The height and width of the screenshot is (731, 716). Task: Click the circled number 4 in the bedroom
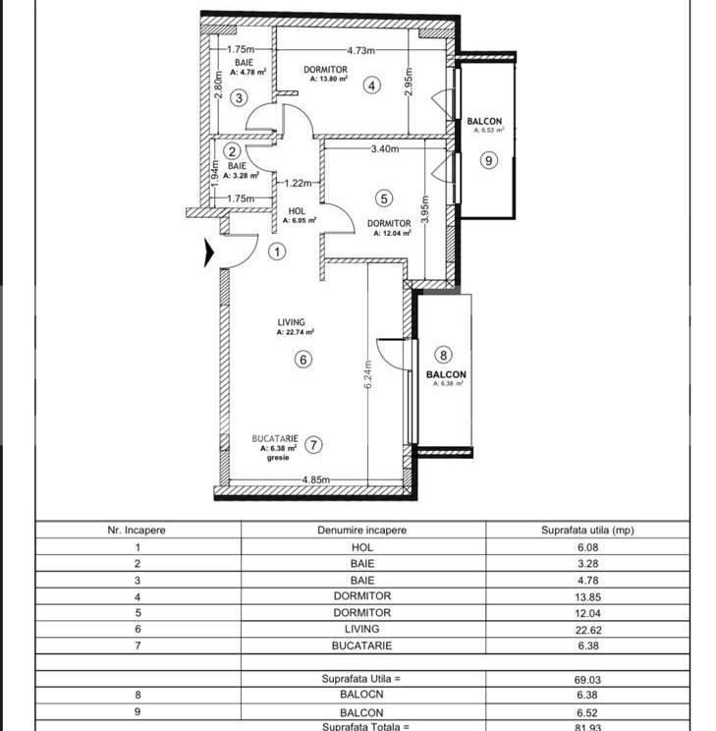(370, 85)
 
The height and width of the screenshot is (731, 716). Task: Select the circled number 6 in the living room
(303, 360)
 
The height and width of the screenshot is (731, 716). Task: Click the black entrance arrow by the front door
(208, 253)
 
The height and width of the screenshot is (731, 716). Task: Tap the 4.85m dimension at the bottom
(315, 479)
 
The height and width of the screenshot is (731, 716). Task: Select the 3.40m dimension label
(385, 149)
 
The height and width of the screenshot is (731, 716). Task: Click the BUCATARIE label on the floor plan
(268, 438)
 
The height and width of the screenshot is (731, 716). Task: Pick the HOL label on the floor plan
(298, 211)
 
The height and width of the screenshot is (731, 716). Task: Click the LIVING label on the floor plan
(291, 322)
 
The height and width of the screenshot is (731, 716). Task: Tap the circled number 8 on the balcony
(444, 356)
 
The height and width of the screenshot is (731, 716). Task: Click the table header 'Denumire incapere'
(362, 530)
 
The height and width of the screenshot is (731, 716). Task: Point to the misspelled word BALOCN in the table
(362, 695)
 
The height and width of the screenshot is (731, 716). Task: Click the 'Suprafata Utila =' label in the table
(362, 678)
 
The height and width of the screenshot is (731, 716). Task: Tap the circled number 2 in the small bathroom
(232, 151)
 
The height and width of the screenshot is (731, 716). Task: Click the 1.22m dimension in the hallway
(298, 183)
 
